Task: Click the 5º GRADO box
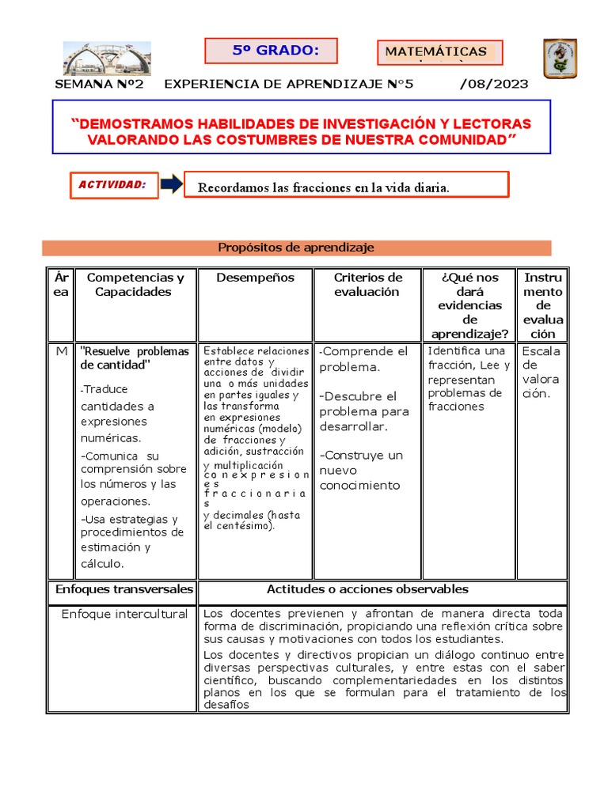point(271,51)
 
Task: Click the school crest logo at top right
point(560,59)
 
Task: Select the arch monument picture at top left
point(106,58)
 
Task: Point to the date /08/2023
point(494,85)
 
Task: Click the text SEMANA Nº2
point(99,85)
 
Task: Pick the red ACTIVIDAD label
point(113,184)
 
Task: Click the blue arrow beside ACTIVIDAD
point(171,184)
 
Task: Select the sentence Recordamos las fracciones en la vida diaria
point(323,187)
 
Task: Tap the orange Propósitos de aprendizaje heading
point(296,248)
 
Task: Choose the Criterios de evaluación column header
point(367,285)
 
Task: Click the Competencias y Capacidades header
point(135,285)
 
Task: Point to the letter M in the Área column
point(61,351)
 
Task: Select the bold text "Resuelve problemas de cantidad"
point(135,358)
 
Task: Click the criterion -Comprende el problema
point(364,359)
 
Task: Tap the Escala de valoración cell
point(541,372)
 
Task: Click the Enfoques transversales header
point(123,589)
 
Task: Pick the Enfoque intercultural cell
point(124,615)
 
